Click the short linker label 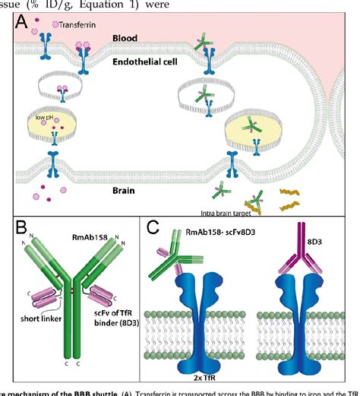pyautogui.click(x=25, y=318)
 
